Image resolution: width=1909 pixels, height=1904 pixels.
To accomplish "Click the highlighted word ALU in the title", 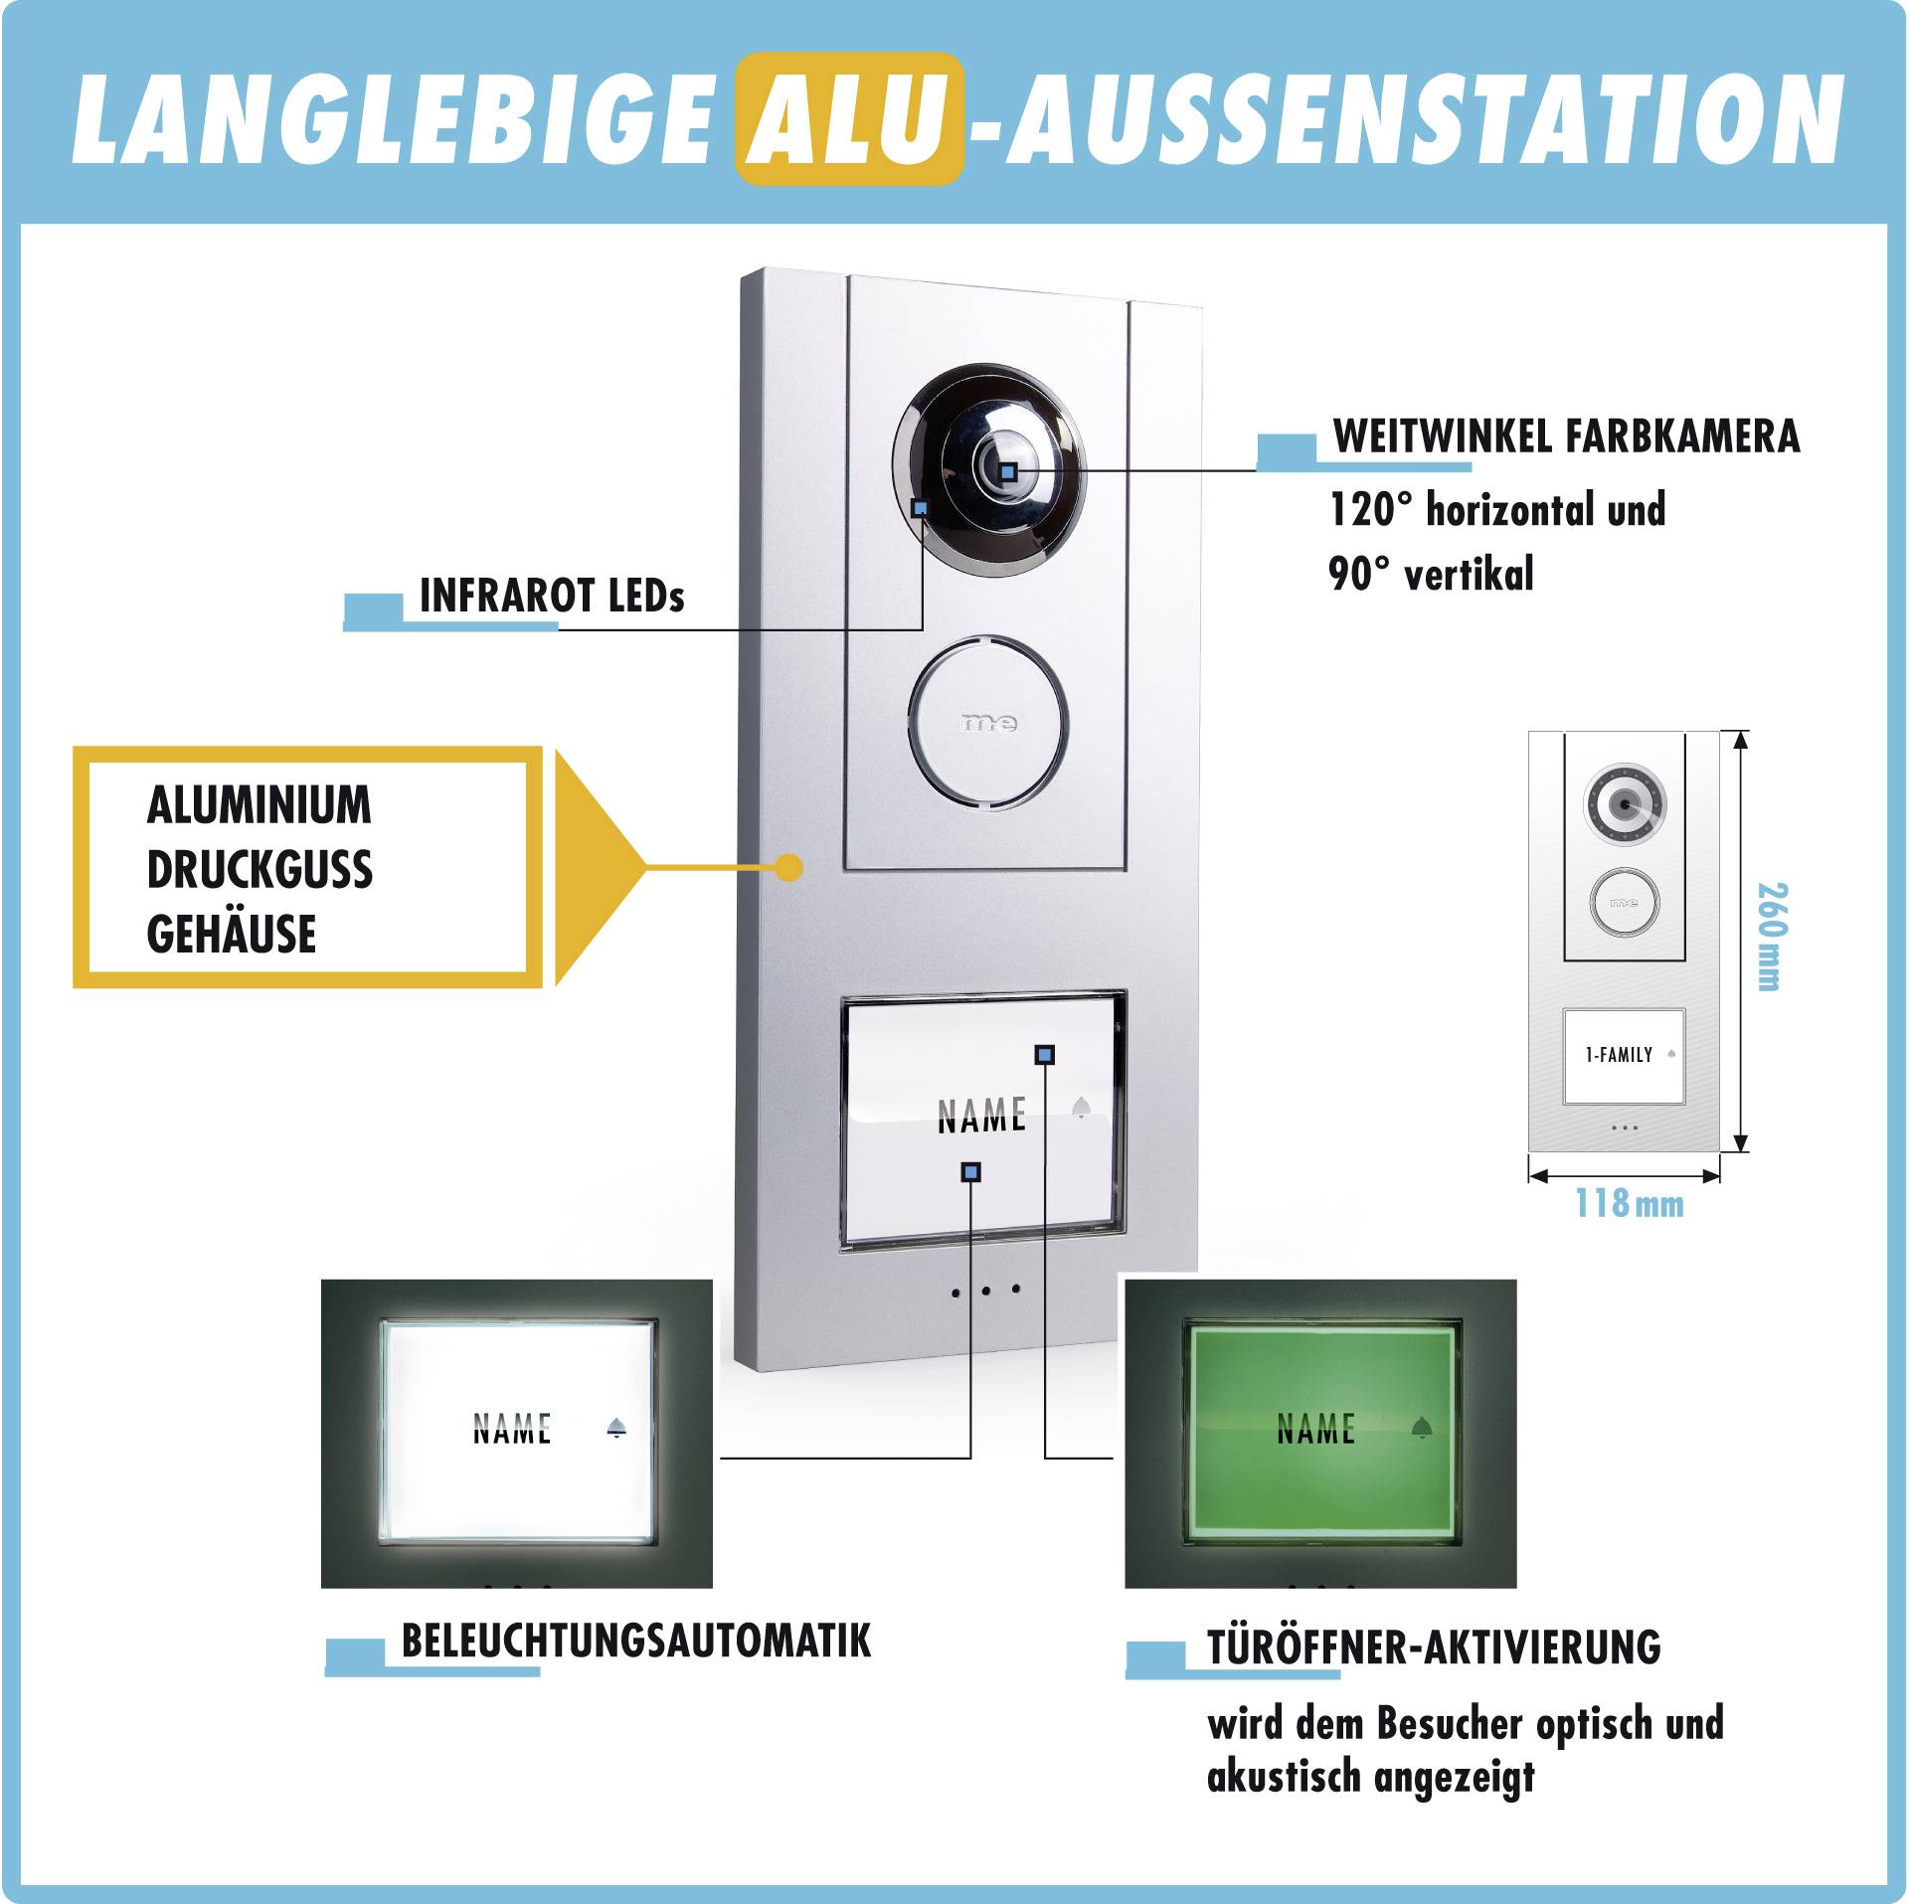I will click(x=848, y=119).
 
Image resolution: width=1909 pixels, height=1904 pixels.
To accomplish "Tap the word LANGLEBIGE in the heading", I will click(x=393, y=119).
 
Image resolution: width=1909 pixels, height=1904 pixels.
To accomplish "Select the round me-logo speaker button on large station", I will click(x=987, y=722).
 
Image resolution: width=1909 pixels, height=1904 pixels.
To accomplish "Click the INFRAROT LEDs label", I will click(x=552, y=596).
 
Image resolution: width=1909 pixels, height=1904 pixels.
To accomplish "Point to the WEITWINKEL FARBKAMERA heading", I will click(x=1566, y=436).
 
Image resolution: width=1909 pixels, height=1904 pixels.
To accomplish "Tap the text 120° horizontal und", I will click(x=1496, y=509).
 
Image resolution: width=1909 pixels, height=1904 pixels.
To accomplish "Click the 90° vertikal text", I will click(x=1431, y=574).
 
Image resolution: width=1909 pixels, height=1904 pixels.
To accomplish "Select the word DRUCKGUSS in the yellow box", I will click(x=260, y=869).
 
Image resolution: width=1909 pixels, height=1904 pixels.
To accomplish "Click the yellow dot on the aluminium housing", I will click(x=788, y=867).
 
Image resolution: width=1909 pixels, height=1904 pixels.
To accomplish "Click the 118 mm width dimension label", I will click(x=1629, y=1203).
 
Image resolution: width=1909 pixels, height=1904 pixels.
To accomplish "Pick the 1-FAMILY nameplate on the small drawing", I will click(x=1623, y=1055).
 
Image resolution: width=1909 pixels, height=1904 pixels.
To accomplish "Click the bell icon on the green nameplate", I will click(x=1422, y=1428).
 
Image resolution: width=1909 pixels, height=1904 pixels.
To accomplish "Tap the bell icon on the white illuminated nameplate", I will click(x=616, y=1429).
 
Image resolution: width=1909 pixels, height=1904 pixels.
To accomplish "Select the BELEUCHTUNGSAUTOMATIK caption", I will click(x=635, y=1641).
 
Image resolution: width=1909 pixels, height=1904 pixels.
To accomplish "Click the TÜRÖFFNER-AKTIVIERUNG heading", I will click(x=1433, y=1646).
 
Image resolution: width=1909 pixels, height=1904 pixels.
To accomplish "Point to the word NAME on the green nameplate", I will click(x=1315, y=1429).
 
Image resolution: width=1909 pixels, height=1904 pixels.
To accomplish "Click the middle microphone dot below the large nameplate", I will click(x=985, y=1291).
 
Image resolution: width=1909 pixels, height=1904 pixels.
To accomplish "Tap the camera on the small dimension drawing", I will click(x=1624, y=803).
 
